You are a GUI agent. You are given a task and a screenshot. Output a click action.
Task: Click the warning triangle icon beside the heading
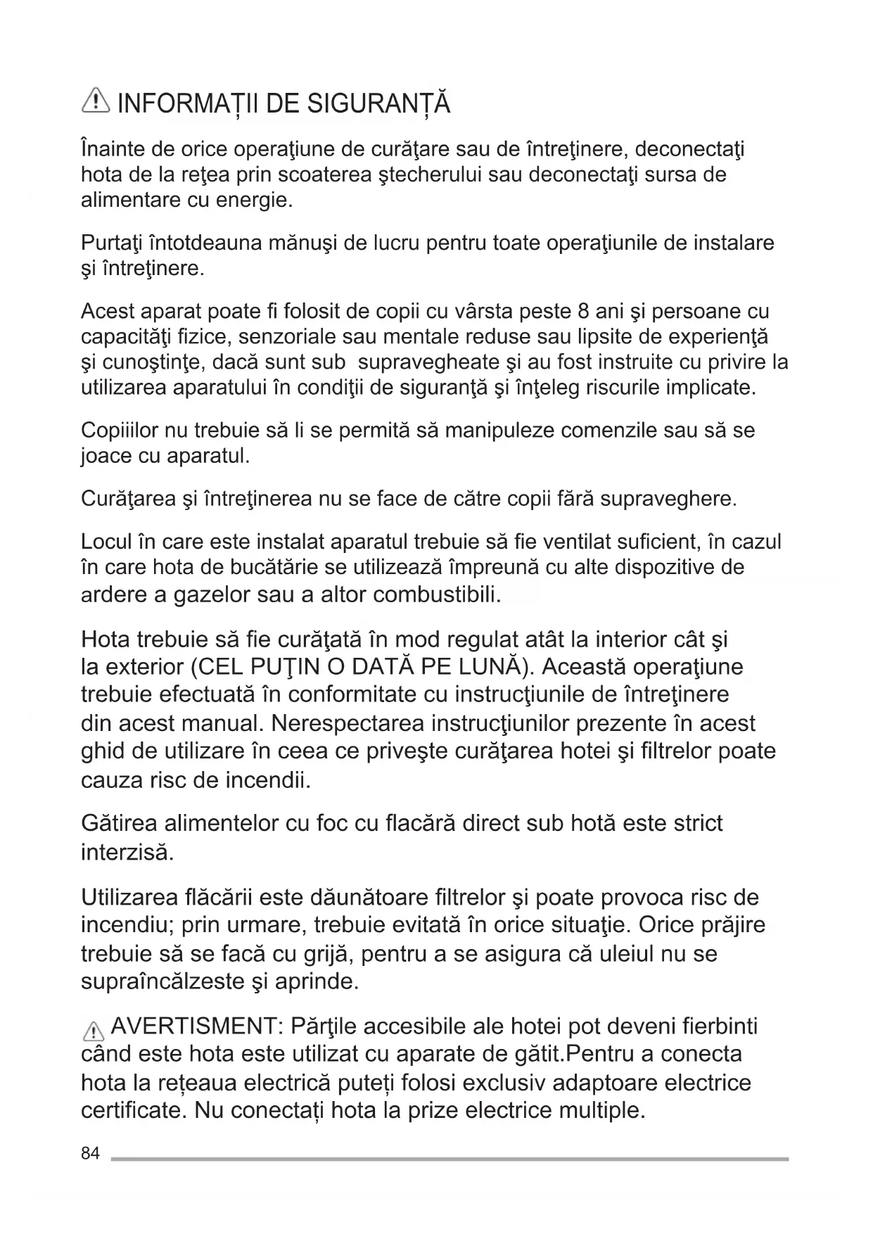tap(96, 102)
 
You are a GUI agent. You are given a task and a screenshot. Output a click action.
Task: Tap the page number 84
tap(90, 1153)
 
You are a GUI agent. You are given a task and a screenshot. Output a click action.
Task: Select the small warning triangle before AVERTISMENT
tap(92, 1031)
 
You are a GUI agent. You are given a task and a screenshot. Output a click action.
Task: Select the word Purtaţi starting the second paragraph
tap(112, 243)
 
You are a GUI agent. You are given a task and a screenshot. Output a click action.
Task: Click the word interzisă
tap(127, 853)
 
